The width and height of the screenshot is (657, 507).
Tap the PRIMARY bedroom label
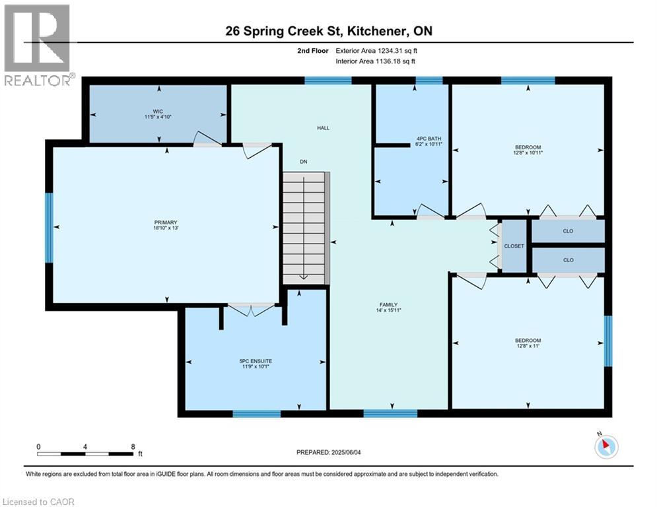click(166, 222)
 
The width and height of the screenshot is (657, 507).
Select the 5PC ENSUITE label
click(256, 361)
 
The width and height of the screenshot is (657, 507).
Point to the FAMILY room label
click(388, 304)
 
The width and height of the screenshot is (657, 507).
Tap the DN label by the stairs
click(303, 162)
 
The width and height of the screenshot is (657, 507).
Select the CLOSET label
click(513, 246)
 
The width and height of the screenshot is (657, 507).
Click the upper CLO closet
click(568, 232)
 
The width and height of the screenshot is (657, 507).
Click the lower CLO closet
click(568, 260)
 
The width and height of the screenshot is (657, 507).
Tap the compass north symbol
click(605, 447)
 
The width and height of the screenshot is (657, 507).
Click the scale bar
click(86, 454)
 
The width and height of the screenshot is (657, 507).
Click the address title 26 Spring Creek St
click(328, 31)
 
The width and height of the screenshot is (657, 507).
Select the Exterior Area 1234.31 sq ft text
click(376, 50)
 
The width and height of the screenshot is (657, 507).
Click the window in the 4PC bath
click(429, 81)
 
